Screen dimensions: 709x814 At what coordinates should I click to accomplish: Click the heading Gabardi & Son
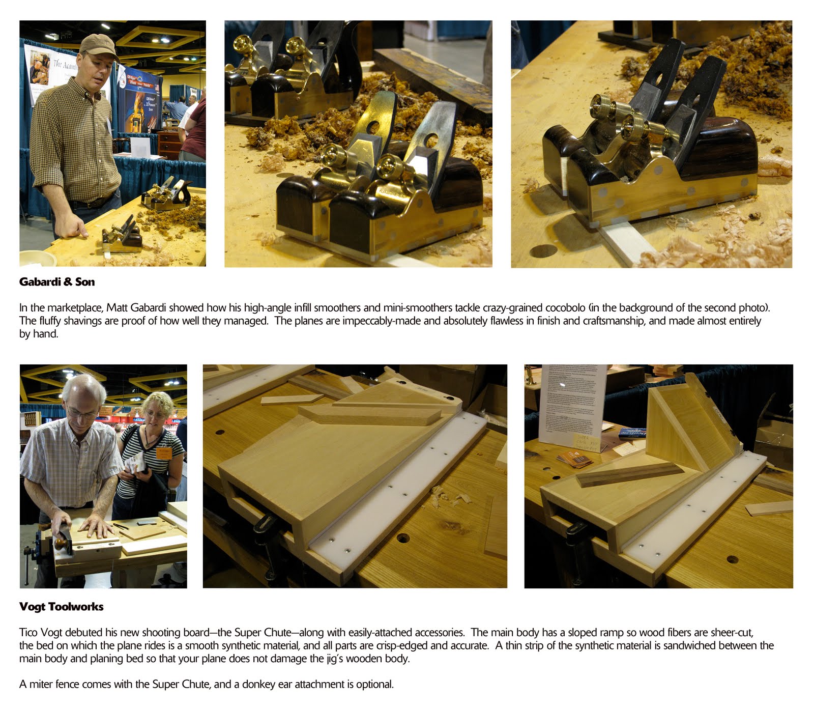[56, 282]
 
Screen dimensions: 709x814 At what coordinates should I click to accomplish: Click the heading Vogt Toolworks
[61, 607]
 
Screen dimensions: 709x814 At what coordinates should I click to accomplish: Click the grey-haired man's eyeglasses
[80, 413]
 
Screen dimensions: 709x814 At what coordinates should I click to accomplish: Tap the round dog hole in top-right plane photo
[543, 251]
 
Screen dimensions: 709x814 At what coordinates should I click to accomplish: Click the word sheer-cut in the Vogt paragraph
[732, 633]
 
